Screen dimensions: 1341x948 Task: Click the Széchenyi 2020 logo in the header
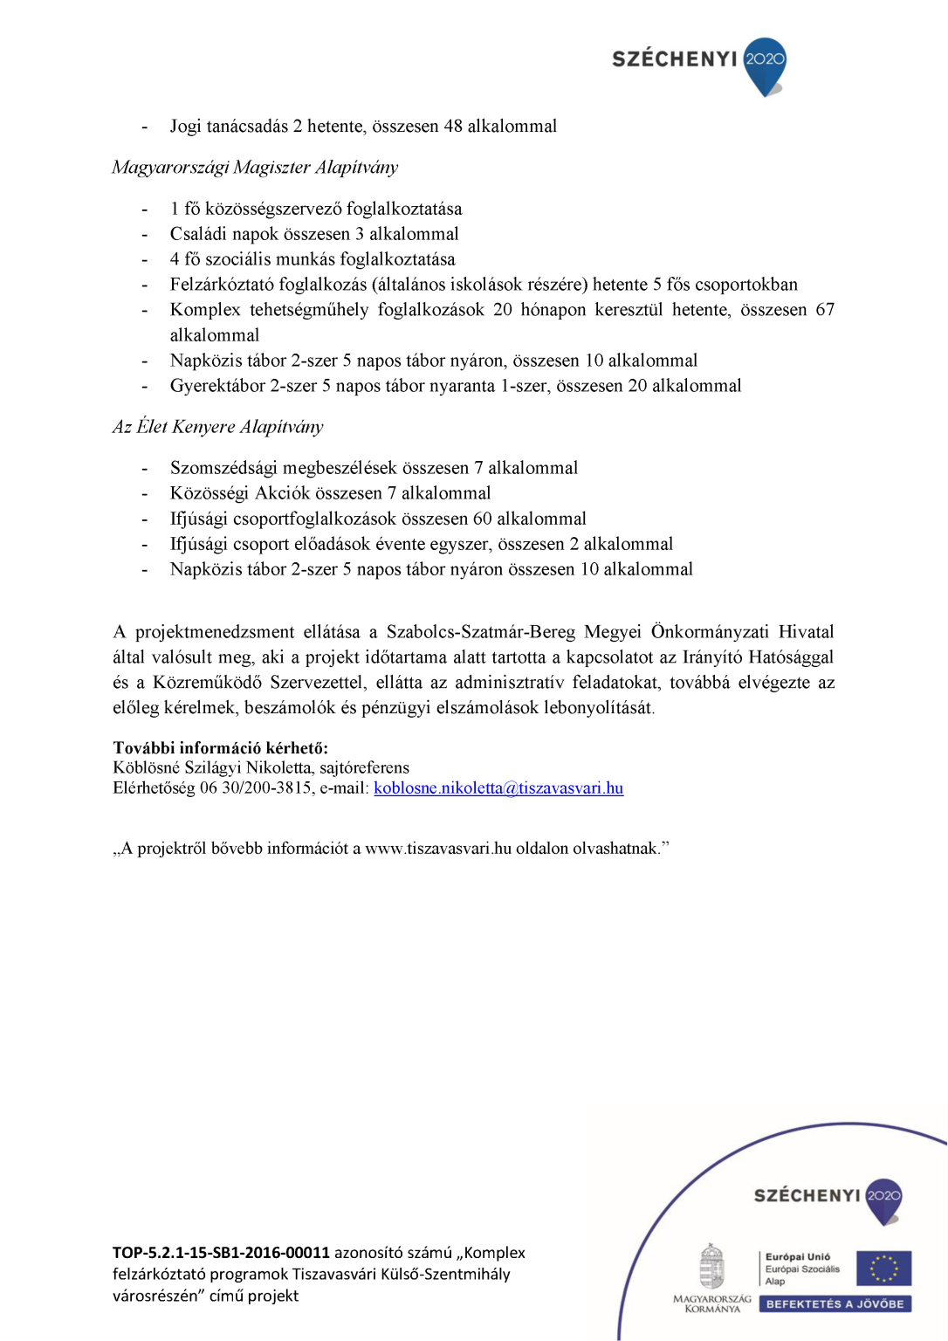(698, 63)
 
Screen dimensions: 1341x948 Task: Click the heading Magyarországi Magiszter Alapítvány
(255, 168)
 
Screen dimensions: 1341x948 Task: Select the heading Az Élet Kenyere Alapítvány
(217, 427)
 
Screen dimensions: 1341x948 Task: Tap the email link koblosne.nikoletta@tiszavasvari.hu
(498, 788)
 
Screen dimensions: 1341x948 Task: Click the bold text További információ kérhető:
(221, 748)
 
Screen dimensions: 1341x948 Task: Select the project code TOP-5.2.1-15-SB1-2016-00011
(221, 1253)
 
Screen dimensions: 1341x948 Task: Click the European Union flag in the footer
(883, 1268)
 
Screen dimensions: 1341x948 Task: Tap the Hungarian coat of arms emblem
(712, 1267)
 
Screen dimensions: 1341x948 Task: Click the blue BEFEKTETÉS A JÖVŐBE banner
(835, 1304)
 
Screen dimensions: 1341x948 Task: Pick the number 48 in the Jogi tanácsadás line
(453, 127)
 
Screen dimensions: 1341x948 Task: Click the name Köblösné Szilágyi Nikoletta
(212, 768)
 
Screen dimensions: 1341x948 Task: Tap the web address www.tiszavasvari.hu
(438, 849)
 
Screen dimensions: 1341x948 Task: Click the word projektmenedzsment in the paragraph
(215, 632)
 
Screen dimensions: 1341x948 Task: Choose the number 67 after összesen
(825, 310)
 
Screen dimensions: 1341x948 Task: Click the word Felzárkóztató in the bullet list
(221, 285)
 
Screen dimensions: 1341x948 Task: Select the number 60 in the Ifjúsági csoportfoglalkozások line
(482, 519)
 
